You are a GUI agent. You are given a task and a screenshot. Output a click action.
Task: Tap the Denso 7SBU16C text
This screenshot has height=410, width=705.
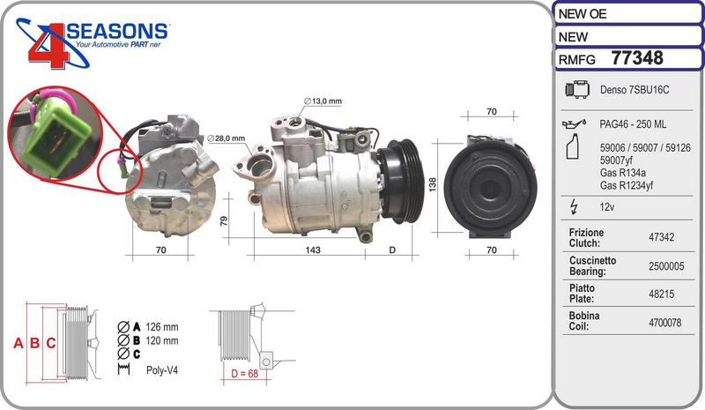pos(634,90)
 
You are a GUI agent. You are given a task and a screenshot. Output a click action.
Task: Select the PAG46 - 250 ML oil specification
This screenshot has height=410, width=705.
pos(633,124)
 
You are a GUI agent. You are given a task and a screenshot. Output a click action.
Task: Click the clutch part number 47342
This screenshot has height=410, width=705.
pos(662,237)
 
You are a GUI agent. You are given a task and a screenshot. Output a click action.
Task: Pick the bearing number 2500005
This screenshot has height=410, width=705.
pos(666,266)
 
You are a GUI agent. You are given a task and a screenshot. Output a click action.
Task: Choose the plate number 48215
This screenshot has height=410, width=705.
pos(662,294)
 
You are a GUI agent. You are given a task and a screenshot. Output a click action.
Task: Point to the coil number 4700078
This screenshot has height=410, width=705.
pos(665,322)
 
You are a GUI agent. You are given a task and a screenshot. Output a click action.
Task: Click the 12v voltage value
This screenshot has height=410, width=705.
pos(607,207)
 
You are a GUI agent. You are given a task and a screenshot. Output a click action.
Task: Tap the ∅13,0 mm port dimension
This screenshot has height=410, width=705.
pos(323,101)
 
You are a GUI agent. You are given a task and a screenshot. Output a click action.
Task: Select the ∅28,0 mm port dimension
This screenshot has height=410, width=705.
pos(226,138)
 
